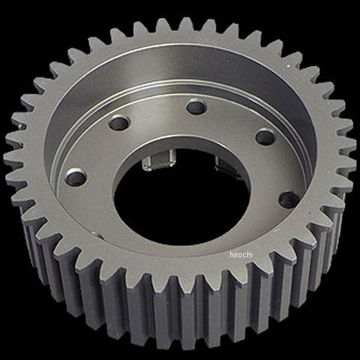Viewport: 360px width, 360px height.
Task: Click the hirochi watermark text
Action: tap(241, 254)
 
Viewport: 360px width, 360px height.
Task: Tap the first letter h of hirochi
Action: tap(231, 254)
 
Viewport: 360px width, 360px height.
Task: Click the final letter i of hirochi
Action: tap(251, 254)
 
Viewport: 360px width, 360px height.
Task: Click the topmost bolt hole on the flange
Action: tap(196, 106)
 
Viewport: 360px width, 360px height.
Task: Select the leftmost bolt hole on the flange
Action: tap(76, 177)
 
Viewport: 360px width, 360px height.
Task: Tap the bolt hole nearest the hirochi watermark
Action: tap(289, 199)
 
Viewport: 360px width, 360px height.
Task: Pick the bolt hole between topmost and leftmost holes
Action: tap(120, 123)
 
